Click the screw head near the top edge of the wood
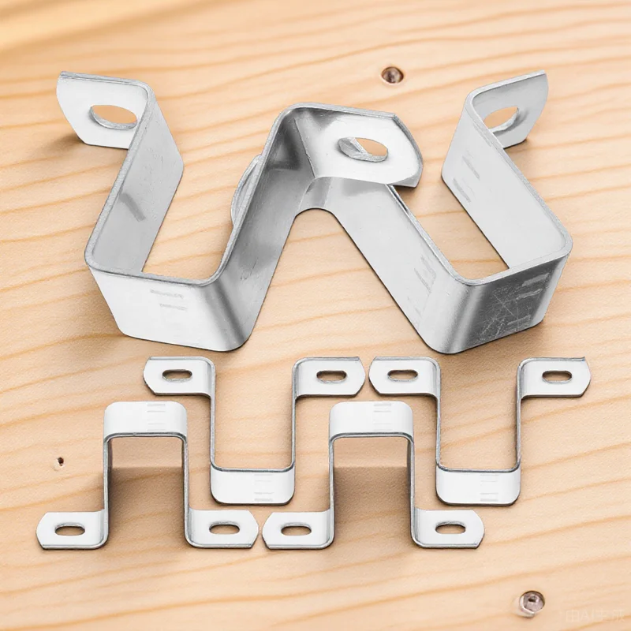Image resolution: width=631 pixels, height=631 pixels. click(x=391, y=75)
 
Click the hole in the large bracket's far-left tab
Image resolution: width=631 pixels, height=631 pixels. click(x=113, y=117)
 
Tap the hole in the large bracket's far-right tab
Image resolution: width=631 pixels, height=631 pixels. click(x=504, y=119)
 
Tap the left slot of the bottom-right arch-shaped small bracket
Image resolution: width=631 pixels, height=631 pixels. click(x=298, y=529)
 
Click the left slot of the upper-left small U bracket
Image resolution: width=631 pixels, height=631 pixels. click(x=179, y=375)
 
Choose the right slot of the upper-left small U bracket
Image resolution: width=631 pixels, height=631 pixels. click(x=330, y=376)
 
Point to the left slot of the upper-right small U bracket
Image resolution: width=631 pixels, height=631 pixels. click(x=402, y=375)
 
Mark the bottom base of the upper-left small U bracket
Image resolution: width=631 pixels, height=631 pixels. click(x=252, y=483)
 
